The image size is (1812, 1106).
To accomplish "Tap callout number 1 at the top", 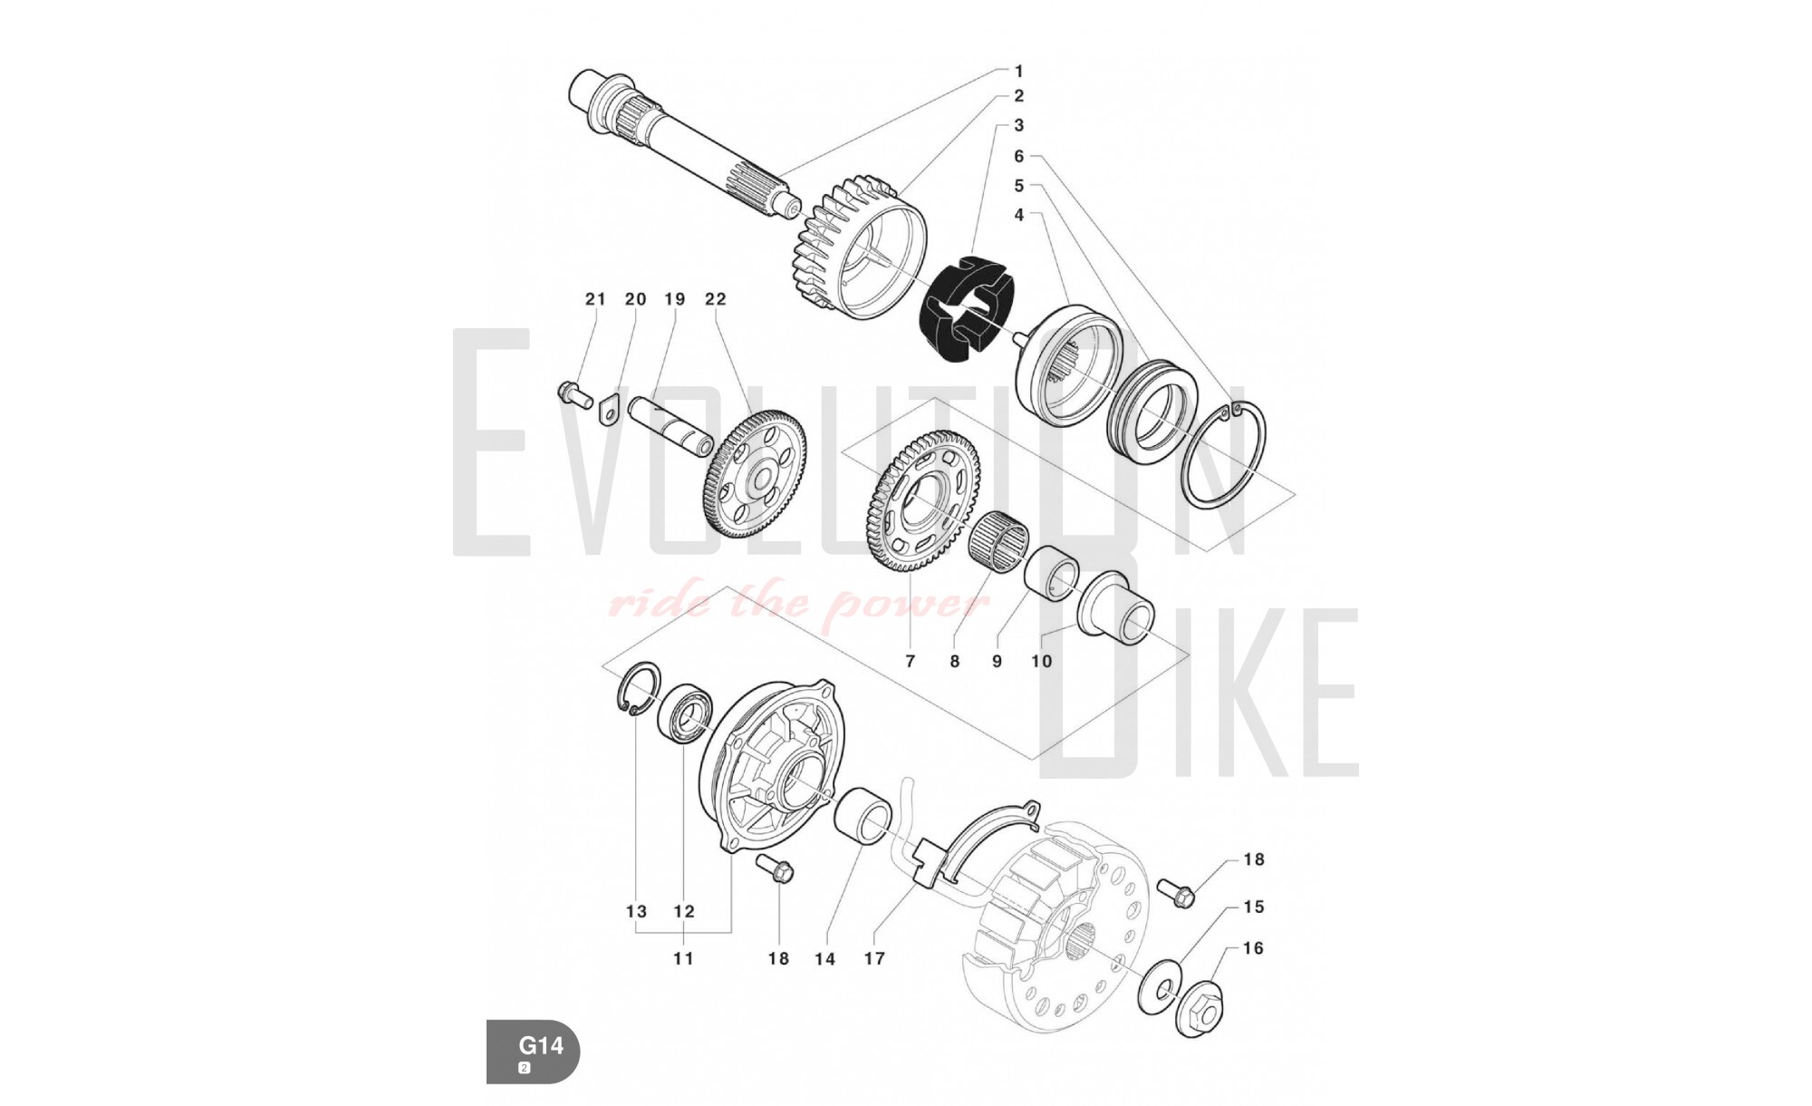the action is click(1018, 71).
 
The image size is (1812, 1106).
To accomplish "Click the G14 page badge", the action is click(533, 1052).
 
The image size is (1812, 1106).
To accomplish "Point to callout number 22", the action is click(716, 298).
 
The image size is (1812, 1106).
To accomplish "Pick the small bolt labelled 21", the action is click(573, 394).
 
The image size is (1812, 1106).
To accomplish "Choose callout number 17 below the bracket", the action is click(874, 958).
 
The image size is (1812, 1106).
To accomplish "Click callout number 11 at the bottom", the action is click(683, 958).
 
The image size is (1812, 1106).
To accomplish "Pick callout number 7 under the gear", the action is click(911, 661).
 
